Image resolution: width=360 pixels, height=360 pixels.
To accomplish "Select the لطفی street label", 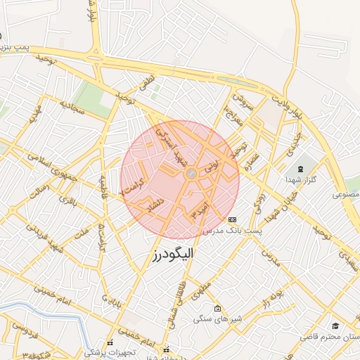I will coord(146,83).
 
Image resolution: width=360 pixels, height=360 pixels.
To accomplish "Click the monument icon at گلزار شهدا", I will coord(301,169).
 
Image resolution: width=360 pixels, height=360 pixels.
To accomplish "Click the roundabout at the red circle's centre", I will coord(190,173).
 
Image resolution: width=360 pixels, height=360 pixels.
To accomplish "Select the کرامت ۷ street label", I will coord(134,186).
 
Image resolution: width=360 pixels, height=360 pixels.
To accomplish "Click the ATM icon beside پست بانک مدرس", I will coord(233,220).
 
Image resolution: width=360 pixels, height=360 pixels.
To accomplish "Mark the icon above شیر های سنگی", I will coord(217,308).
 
